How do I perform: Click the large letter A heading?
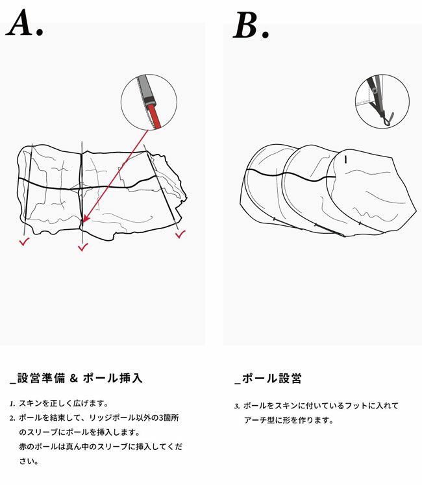tap(21, 23)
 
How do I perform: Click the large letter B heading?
tap(245, 25)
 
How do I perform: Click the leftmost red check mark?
tap(24, 242)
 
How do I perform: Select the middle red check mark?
tap(83, 247)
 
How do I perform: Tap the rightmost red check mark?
tap(180, 234)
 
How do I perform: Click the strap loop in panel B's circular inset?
tap(389, 119)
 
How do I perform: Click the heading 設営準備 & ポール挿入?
tap(76, 378)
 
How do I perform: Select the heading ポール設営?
tap(268, 379)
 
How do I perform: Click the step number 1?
tap(12, 404)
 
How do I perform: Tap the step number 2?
tap(12, 419)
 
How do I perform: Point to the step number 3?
tap(237, 406)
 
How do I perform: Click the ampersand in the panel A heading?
tap(73, 378)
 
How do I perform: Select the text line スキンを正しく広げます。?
tap(64, 404)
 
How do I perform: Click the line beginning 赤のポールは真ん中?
tap(101, 447)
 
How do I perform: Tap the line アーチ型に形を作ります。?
tap(288, 420)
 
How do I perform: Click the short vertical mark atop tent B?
tap(345, 160)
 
